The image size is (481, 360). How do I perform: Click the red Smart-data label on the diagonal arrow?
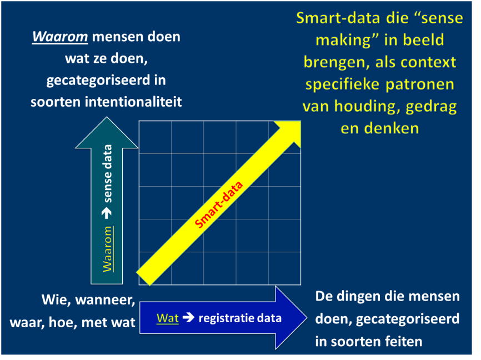[x=219, y=204]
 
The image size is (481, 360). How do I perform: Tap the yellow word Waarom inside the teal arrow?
[x=108, y=249]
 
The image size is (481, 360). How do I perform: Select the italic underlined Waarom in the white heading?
[x=60, y=37]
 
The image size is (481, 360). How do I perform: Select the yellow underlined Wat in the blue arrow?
[x=168, y=318]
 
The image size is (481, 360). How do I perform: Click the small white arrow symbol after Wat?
[x=188, y=318]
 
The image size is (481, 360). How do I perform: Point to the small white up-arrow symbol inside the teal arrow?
[x=107, y=213]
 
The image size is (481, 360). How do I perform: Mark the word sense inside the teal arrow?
[x=108, y=188]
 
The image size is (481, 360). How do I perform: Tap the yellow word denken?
[x=391, y=128]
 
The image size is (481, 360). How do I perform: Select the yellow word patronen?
[x=420, y=84]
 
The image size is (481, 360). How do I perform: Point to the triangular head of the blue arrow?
[x=290, y=318]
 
